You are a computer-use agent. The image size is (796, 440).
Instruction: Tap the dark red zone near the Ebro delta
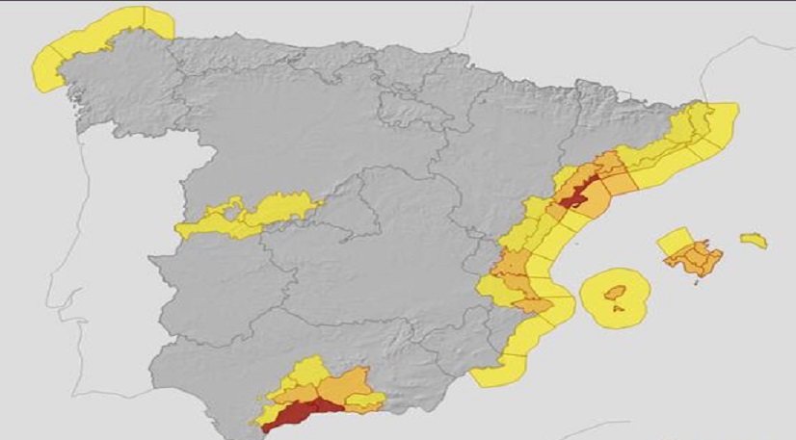click(575, 194)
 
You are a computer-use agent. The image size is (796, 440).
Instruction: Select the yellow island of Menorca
click(754, 240)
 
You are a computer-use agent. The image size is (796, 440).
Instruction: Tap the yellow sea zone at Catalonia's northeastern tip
click(718, 120)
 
